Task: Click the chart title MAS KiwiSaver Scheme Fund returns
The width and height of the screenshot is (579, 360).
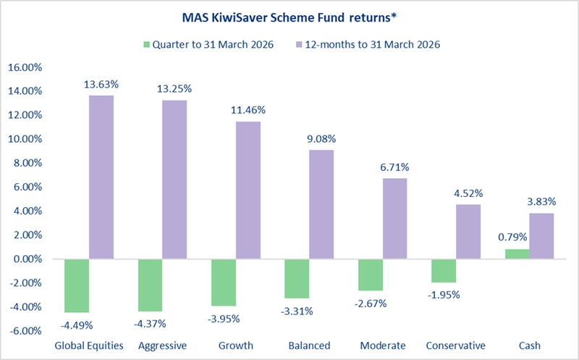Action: (289, 16)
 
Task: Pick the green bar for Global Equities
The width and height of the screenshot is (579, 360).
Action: (76, 285)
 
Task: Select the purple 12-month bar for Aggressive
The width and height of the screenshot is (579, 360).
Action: (174, 179)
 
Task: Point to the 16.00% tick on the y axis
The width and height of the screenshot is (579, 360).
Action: (25, 67)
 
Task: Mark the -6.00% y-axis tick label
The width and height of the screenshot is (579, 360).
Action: (26, 331)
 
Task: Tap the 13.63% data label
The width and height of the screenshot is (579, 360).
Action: (101, 85)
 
